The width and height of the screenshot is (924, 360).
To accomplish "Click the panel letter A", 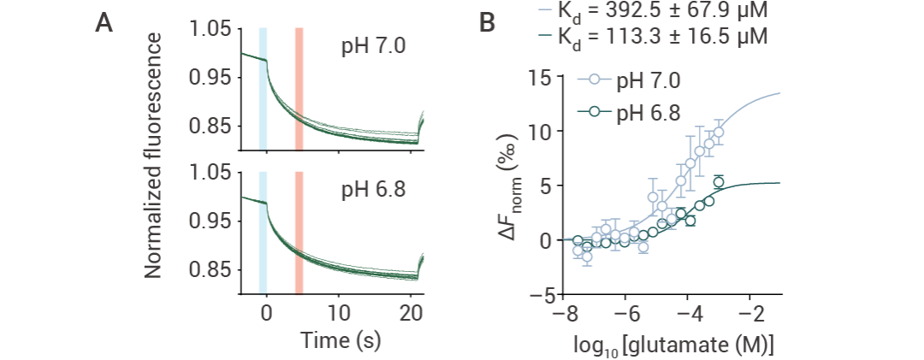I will (x=104, y=25).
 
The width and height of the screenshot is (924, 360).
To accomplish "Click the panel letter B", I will (x=486, y=25).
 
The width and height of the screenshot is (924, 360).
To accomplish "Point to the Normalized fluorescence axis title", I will (x=154, y=156).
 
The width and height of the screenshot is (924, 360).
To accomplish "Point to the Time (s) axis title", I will (x=341, y=339).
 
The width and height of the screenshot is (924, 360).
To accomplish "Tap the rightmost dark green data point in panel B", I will (x=719, y=182).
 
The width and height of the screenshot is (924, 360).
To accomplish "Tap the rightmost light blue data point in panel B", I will (x=719, y=133).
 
